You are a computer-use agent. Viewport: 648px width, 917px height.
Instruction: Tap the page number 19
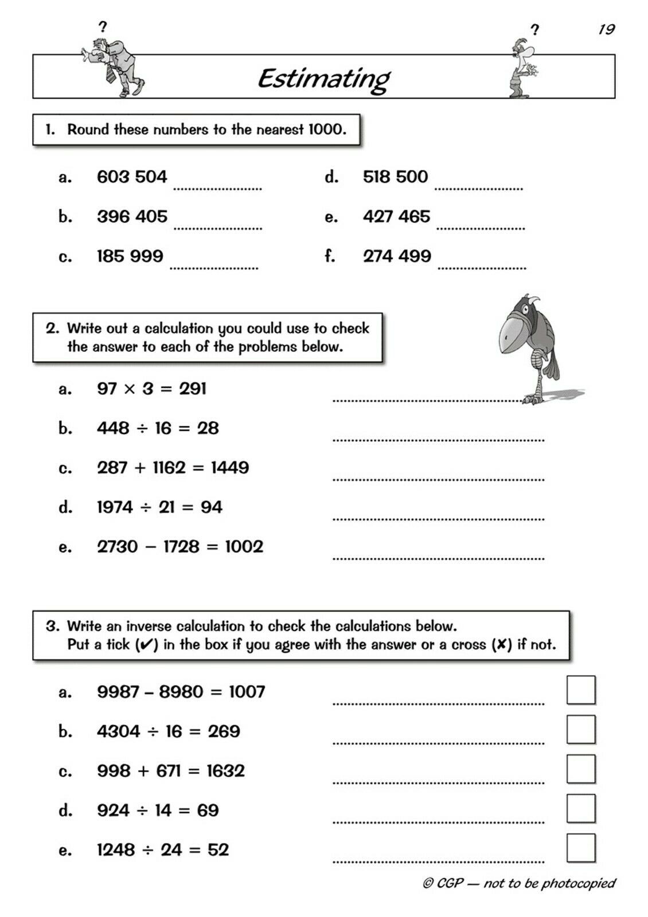606,29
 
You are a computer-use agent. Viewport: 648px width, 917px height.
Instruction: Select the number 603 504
132,177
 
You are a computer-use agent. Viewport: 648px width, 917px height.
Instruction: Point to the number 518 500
395,177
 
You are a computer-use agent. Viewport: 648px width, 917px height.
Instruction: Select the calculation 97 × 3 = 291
152,389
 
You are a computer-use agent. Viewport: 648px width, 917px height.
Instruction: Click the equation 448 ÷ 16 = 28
158,428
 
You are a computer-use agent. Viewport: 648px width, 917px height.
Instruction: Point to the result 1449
230,468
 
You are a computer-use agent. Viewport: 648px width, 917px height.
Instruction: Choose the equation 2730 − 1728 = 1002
180,547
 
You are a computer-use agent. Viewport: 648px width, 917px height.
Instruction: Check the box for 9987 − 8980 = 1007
580,690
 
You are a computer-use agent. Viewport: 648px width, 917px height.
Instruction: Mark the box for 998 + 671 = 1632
580,769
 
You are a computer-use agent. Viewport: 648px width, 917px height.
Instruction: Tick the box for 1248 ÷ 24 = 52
580,848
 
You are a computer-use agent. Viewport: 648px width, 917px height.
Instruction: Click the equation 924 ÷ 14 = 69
158,810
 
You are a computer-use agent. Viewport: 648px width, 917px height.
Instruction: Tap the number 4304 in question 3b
119,731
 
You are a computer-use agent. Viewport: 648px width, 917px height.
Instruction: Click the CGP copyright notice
519,883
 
